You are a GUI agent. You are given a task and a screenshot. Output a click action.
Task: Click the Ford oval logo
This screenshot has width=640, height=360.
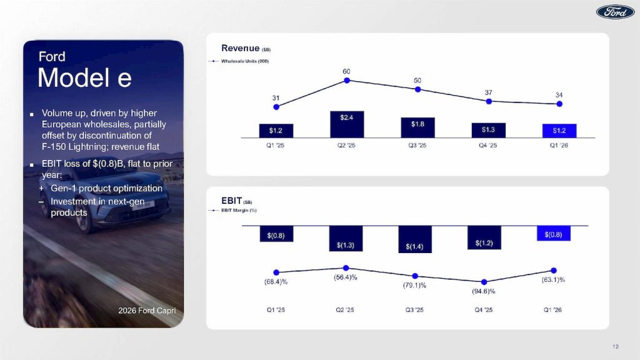(x=615, y=12)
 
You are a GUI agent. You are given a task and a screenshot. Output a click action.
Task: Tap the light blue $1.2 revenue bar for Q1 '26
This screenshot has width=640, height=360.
(x=559, y=131)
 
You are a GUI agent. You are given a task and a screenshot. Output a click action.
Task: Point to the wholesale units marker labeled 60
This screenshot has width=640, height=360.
(x=347, y=80)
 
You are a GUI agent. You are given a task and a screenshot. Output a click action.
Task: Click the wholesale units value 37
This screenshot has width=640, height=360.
(x=489, y=92)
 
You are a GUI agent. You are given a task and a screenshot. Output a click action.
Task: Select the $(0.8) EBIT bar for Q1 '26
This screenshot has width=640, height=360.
(x=554, y=234)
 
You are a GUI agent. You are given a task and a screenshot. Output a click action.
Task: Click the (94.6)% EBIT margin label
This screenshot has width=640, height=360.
(x=484, y=291)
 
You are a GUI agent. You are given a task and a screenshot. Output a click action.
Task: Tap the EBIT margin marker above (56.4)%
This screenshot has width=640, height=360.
(x=346, y=267)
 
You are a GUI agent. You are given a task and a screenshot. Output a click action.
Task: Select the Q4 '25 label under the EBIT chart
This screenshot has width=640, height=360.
(x=484, y=311)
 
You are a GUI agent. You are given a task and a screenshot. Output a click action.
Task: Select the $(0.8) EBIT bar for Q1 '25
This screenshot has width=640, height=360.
(x=276, y=234)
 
